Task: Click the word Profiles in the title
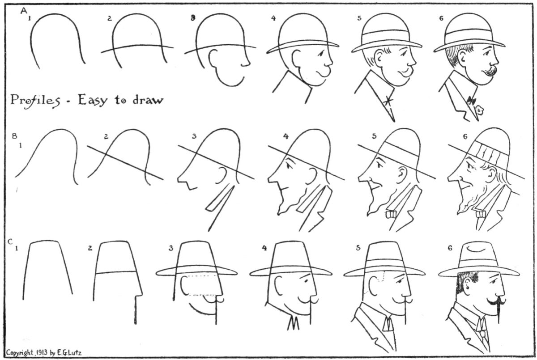click(x=35, y=101)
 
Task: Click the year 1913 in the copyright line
click(x=42, y=352)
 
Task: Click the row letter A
click(x=24, y=11)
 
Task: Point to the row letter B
click(x=15, y=136)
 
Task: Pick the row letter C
click(x=10, y=241)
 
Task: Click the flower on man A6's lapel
click(x=479, y=110)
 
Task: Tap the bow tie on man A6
click(x=471, y=100)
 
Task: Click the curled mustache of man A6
click(x=491, y=71)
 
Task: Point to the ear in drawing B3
click(x=222, y=175)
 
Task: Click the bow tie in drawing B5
click(x=391, y=214)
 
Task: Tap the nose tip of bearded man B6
click(x=449, y=178)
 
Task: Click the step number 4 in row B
click(x=286, y=136)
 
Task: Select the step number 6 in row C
click(x=450, y=248)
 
